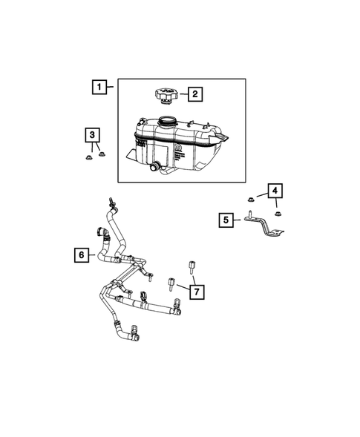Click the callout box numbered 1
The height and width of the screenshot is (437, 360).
point(97,87)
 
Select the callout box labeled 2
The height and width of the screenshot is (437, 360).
point(194,94)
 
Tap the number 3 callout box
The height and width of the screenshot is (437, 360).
point(92,134)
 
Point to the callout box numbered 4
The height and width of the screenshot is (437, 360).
point(275,192)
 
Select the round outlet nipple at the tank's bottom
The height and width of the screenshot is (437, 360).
point(155,169)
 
